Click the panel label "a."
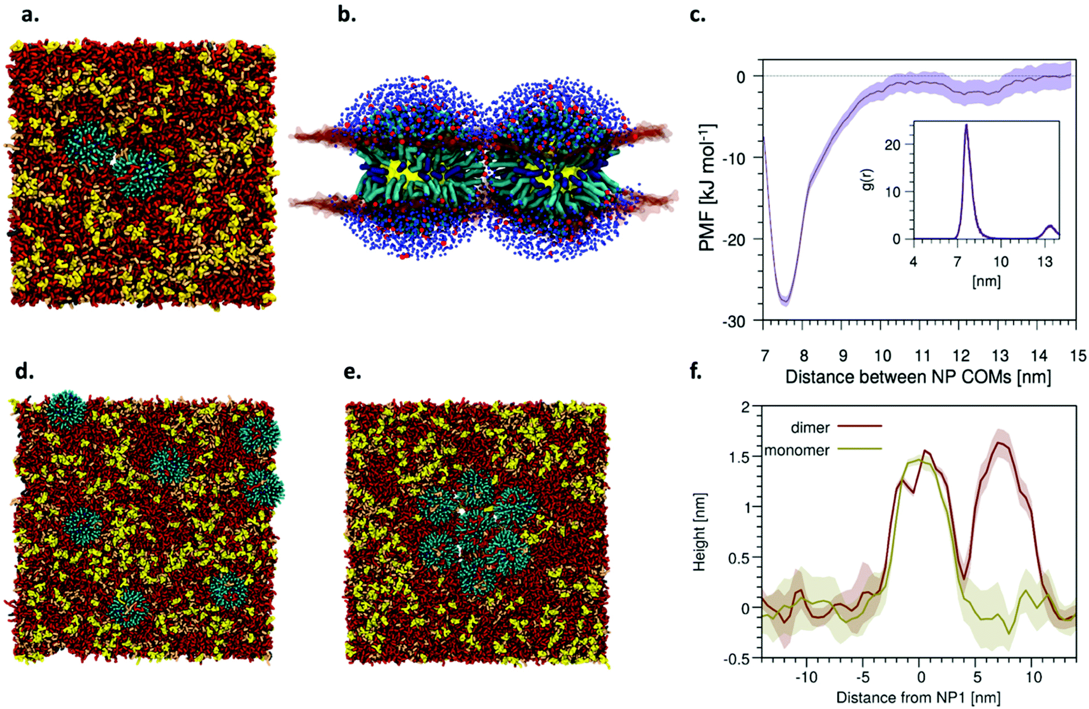30,15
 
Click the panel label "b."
347,15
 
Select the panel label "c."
698,15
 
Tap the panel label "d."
25,371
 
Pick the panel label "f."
695,370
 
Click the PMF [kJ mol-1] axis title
707,188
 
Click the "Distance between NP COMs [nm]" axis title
918,377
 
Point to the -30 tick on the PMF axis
734,322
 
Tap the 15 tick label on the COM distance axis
1077,356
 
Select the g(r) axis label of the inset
868,179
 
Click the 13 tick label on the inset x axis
1045,262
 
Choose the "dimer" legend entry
810,428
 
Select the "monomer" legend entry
797,450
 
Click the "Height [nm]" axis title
699,532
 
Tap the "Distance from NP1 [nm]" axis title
918,697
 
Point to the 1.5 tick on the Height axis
739,457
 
